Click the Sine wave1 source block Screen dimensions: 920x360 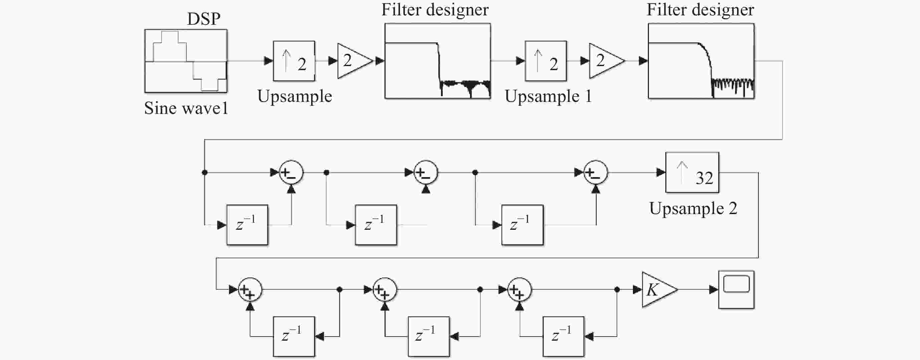(186, 61)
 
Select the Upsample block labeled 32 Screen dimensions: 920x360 (692, 173)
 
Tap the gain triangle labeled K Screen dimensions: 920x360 (659, 290)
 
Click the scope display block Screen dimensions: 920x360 (736, 290)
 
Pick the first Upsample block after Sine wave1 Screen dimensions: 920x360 (294, 61)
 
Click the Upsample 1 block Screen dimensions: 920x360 (545, 61)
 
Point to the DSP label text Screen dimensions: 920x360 (204, 19)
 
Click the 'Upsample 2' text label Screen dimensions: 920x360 (693, 208)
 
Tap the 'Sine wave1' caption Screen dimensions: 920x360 (186, 108)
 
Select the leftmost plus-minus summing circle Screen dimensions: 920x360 (291, 173)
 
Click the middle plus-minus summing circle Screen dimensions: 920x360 (426, 173)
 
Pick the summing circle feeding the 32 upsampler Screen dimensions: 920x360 (595, 173)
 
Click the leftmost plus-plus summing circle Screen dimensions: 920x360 (250, 290)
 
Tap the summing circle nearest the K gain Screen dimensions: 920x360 (520, 290)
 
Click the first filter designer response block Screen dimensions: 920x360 (438, 61)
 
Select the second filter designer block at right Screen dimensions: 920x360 (701, 61)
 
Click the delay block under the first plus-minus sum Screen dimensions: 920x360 (247, 225)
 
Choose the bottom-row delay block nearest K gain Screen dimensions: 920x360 (563, 337)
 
